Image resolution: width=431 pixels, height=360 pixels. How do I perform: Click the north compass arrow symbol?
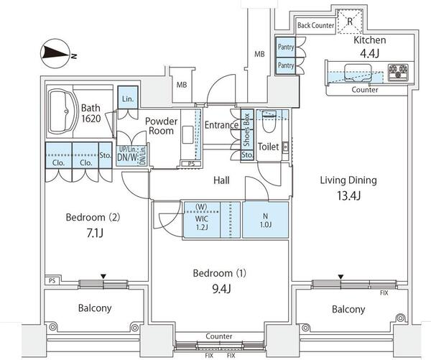pyautogui.click(x=55, y=52)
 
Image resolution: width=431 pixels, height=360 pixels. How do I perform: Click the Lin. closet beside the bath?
pyautogui.click(x=128, y=98)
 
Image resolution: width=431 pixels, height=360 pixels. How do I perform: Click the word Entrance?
pyautogui.click(x=221, y=125)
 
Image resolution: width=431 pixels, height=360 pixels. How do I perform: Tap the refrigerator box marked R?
pyautogui.click(x=350, y=21)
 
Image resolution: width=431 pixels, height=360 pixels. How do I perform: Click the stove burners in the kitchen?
pyautogui.click(x=398, y=73)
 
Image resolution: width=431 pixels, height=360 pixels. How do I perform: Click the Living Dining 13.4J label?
pyautogui.click(x=348, y=188)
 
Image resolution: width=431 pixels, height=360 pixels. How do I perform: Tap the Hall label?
pyautogui.click(x=221, y=180)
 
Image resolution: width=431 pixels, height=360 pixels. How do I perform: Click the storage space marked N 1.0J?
pyautogui.click(x=265, y=218)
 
